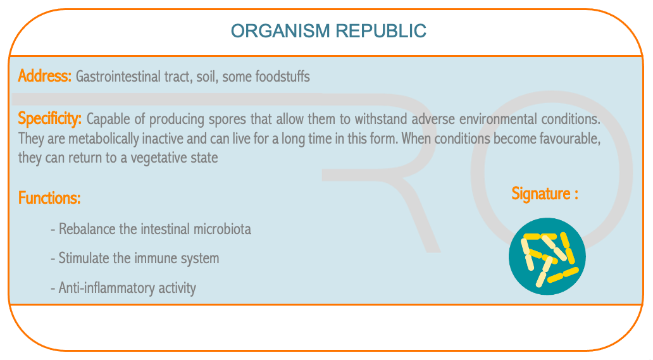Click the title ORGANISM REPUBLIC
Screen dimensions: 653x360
click(328, 31)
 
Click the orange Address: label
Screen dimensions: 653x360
click(44, 76)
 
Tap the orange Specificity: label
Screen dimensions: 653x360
click(49, 118)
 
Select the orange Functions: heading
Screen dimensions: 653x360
click(49, 197)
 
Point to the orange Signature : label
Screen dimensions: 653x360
click(545, 194)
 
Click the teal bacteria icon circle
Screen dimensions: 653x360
click(547, 256)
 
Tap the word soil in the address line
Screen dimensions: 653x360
click(206, 77)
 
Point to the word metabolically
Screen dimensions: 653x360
click(103, 139)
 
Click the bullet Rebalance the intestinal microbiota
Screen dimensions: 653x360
click(151, 229)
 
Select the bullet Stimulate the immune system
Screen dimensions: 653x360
click(135, 258)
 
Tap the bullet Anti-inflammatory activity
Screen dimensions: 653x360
click(123, 288)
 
